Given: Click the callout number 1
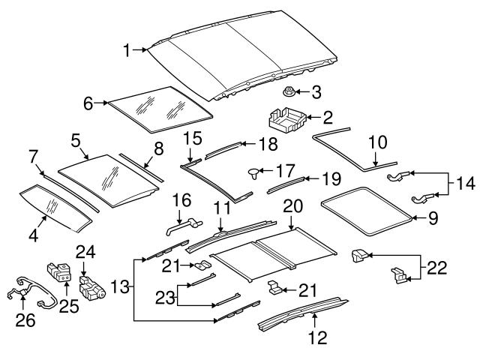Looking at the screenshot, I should tap(128, 50).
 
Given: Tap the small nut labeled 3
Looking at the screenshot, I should tap(288, 93).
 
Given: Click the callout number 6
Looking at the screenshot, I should tap(88, 103).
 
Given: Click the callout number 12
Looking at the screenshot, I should tap(319, 338).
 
